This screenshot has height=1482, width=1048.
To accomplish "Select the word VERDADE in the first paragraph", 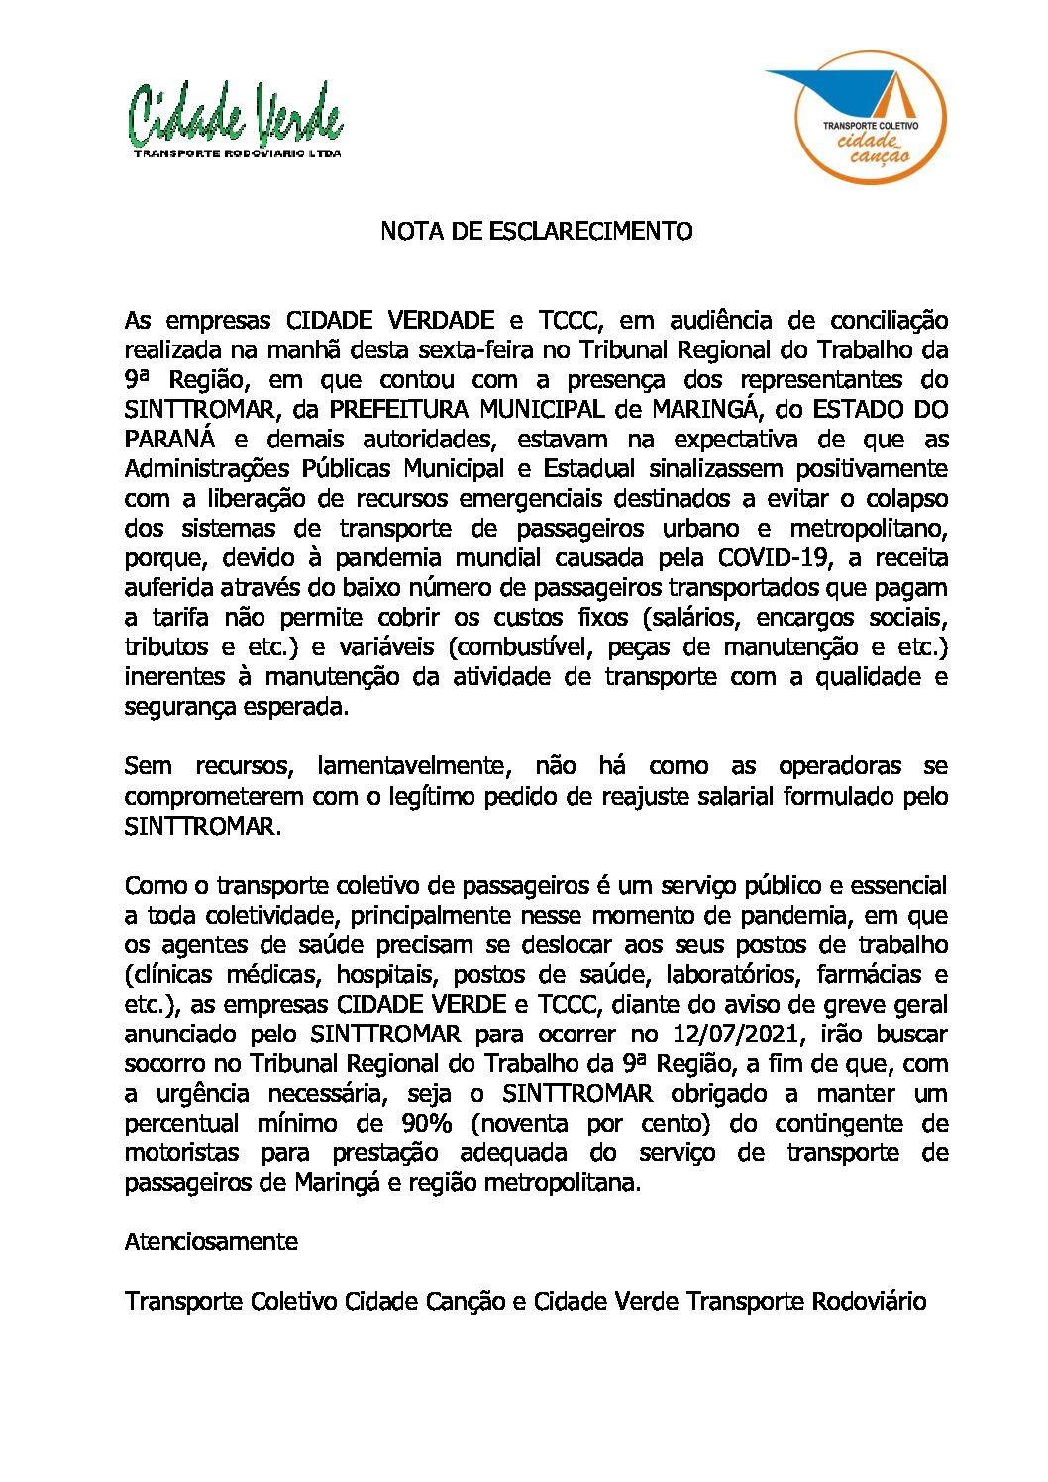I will coord(442,321).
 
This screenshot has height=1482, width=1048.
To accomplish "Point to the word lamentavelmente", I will coord(413,766).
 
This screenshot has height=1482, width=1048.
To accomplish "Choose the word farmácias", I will coord(867,975).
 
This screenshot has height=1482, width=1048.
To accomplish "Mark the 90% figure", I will coord(426,1124).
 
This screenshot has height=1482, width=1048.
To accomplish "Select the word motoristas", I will coord(181,1153).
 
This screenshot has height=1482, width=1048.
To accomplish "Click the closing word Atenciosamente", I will coord(211,1241).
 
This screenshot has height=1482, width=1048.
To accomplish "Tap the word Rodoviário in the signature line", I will coord(869,1301).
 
